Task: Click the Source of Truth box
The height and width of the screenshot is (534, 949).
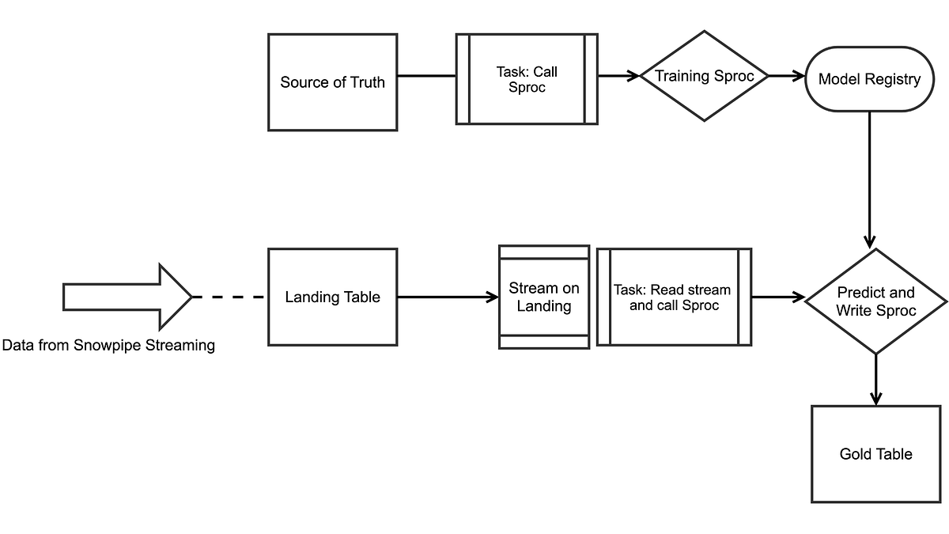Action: tap(332, 82)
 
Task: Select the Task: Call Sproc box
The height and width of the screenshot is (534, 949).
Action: tap(527, 79)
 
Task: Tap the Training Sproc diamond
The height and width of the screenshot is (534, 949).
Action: tap(703, 77)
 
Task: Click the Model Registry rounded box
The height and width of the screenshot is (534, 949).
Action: tap(869, 78)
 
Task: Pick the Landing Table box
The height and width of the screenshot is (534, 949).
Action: tap(332, 297)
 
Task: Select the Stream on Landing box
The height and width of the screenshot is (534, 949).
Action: tap(543, 297)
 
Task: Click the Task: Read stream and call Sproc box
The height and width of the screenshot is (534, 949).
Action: tap(673, 297)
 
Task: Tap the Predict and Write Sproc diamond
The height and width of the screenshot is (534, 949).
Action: tap(875, 301)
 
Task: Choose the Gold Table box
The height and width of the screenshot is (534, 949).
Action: tap(875, 454)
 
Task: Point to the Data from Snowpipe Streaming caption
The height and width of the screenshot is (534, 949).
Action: tap(108, 346)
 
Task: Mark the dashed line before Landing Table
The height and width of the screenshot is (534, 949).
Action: tap(229, 297)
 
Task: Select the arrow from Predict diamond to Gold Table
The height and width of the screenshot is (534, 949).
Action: tap(875, 380)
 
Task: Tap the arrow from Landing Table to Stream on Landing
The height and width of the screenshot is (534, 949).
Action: tap(448, 297)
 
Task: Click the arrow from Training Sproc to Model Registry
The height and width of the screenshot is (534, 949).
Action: tap(786, 77)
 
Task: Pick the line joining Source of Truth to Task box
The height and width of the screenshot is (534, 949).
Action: tap(426, 77)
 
